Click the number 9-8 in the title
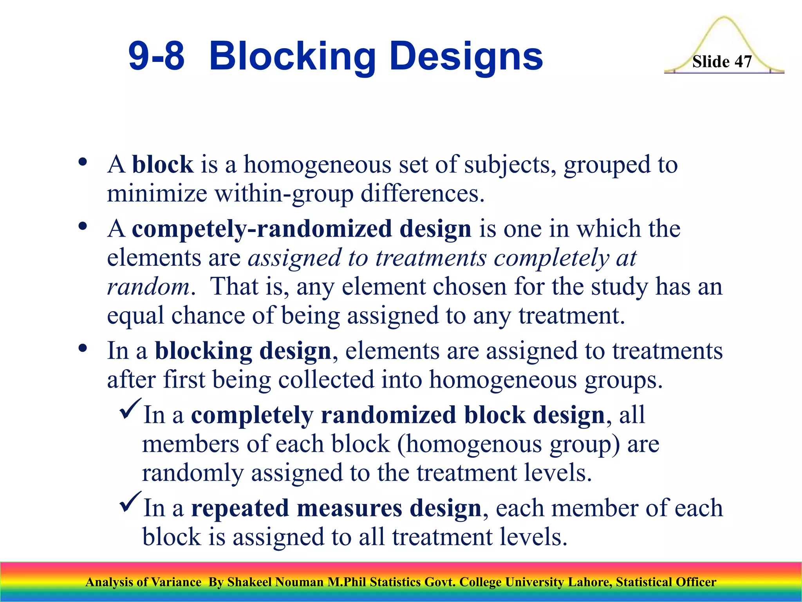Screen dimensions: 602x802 coord(156,57)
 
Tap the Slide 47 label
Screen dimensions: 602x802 coord(722,62)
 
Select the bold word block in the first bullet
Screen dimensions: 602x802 coord(163,164)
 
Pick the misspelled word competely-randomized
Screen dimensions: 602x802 coord(262,228)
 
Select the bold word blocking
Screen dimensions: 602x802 coord(203,351)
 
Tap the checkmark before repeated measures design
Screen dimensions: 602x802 coord(130,502)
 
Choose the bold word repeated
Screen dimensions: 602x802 coord(240,508)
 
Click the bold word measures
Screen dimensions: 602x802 coord(349,508)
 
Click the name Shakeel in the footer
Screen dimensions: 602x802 coord(249,582)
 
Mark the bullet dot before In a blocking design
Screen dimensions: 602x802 coord(82,348)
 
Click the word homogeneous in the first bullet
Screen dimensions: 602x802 coord(317,164)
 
